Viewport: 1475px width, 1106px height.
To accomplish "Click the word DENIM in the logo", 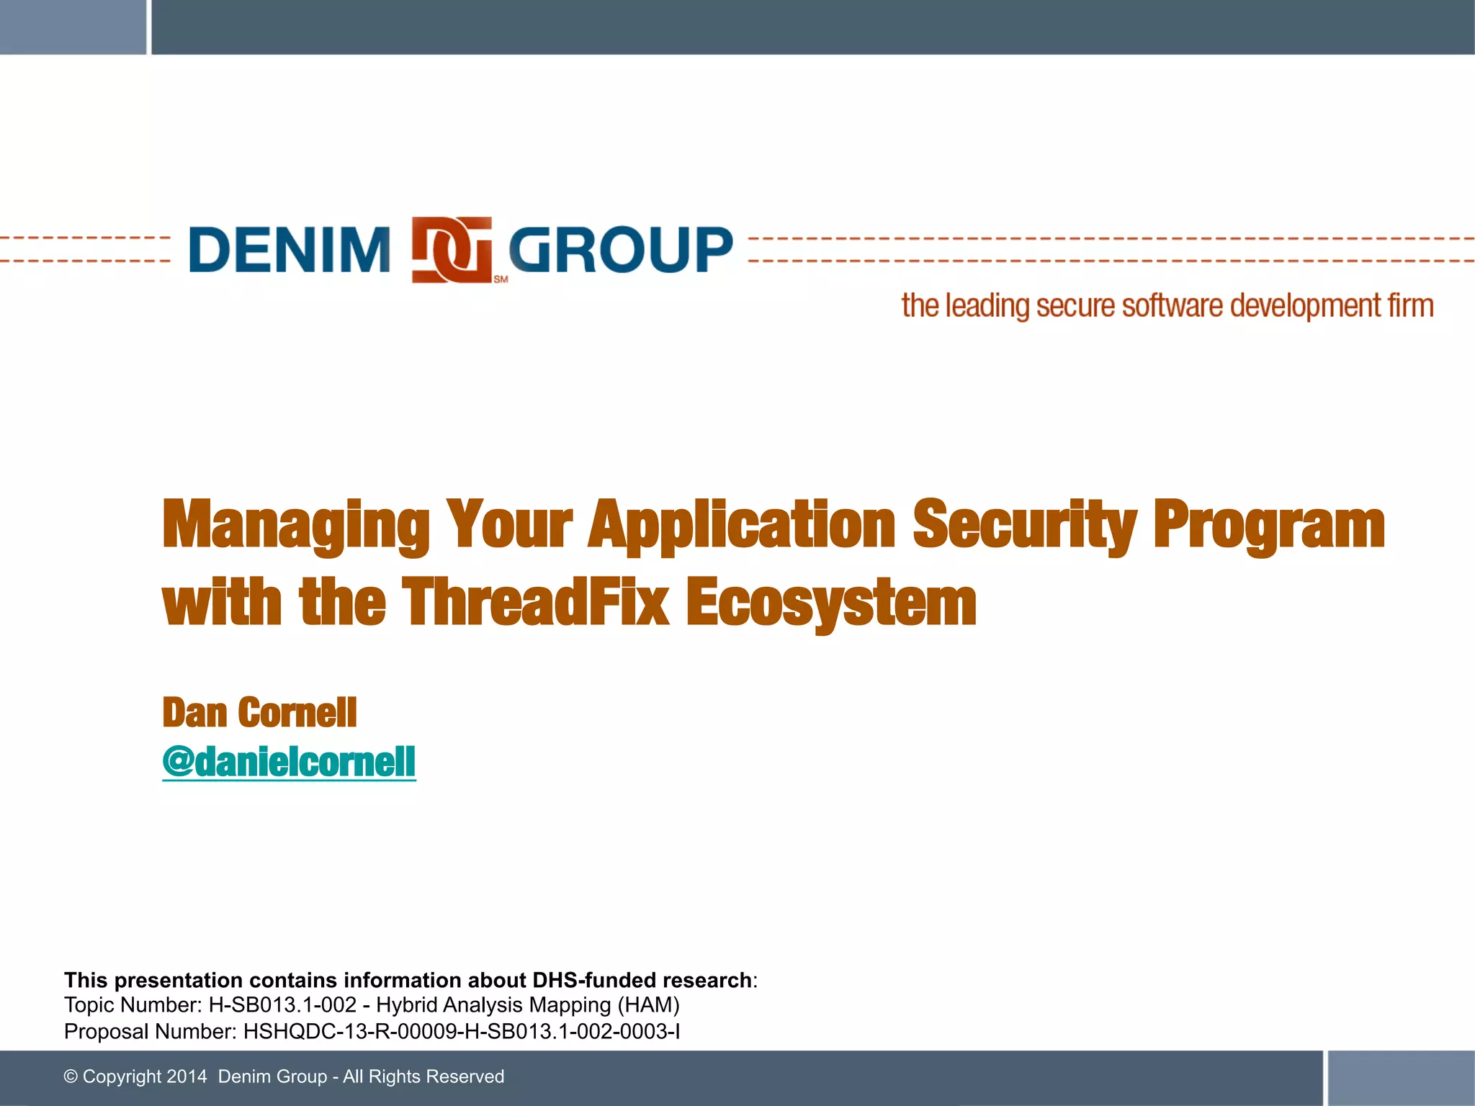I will pyautogui.click(x=289, y=250).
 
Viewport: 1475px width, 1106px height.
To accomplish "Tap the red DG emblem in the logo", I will pyautogui.click(x=452, y=249).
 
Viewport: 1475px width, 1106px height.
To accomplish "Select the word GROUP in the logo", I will pyautogui.click(x=621, y=250).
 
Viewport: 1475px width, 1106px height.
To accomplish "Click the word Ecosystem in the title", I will pyautogui.click(x=830, y=603).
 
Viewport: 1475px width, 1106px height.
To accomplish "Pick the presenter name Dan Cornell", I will pyautogui.click(x=259, y=713).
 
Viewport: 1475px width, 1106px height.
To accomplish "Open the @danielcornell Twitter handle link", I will pyautogui.click(x=289, y=762).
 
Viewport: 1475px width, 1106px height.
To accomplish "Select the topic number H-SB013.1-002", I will pyautogui.click(x=282, y=1005).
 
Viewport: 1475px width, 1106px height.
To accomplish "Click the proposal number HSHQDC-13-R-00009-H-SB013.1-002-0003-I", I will pyautogui.click(x=462, y=1032).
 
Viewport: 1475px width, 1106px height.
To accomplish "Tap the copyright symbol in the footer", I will pyautogui.click(x=71, y=1076).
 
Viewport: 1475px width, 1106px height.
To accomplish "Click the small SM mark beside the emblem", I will pyautogui.click(x=501, y=279).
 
